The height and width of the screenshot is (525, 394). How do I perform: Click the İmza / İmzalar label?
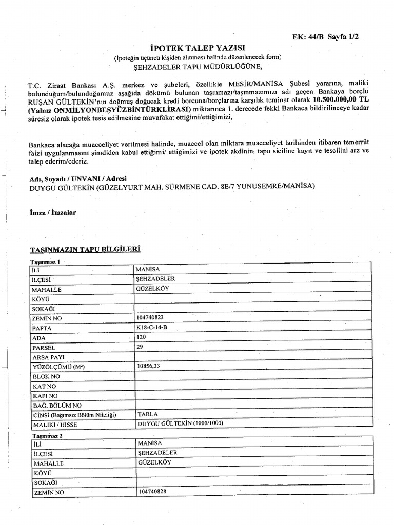click(x=53, y=212)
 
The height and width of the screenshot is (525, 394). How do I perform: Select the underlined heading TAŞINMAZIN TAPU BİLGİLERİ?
click(x=85, y=249)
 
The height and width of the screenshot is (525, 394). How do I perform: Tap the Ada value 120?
click(x=142, y=337)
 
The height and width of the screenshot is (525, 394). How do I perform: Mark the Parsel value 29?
click(x=140, y=347)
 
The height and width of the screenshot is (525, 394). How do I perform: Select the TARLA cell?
click(x=148, y=414)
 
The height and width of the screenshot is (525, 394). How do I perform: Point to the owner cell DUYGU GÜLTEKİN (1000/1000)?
click(x=181, y=423)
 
